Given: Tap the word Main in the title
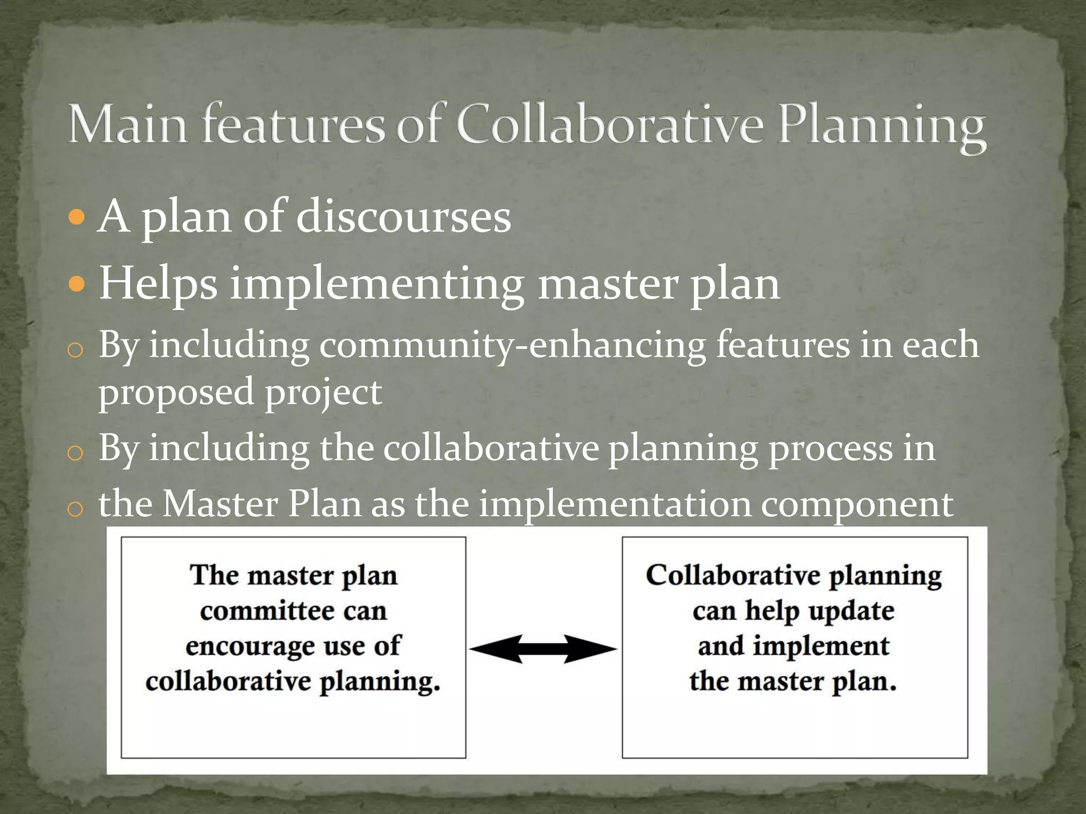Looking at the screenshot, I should tap(127, 125).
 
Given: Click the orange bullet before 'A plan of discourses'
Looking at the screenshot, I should tap(77, 217).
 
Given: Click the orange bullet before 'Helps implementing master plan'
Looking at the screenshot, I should tap(77, 285).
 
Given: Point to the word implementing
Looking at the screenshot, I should tap(377, 285).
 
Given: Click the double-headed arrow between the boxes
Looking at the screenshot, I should tap(543, 649).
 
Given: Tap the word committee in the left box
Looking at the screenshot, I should tap(267, 612).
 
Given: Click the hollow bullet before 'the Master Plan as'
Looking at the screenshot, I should tap(75, 509).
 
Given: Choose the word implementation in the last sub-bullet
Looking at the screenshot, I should tap(615, 504).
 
